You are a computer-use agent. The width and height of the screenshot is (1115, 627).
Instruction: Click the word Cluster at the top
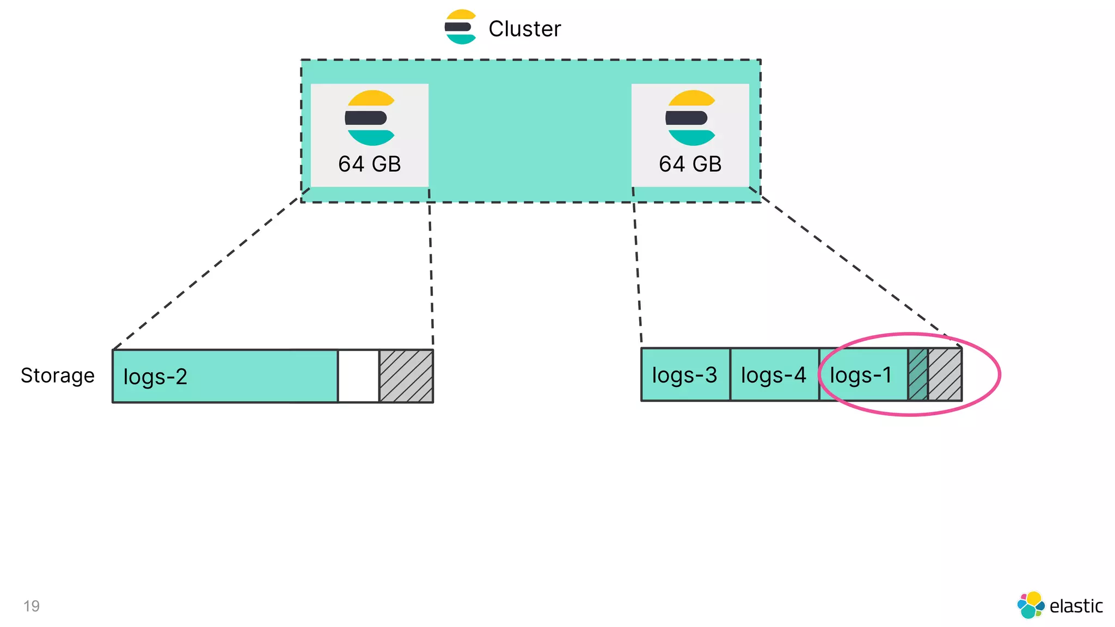point(524,29)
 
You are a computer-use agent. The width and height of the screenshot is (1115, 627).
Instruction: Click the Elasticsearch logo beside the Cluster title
point(461,27)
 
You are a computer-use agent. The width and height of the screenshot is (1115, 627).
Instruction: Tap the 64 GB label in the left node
point(369,164)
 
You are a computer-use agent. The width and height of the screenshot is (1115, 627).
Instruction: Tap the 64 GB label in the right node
point(690,164)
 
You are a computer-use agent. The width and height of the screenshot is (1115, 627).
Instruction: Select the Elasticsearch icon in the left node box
point(370,118)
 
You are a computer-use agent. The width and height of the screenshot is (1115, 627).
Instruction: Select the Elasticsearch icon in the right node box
point(690,118)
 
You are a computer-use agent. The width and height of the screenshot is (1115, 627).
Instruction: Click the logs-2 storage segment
point(224,376)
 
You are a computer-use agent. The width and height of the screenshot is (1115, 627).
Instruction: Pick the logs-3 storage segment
point(685,375)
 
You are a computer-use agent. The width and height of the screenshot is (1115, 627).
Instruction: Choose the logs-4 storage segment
point(774,375)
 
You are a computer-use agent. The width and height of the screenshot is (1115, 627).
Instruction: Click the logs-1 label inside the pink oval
point(861,375)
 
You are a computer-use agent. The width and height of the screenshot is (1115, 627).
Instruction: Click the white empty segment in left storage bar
point(358,376)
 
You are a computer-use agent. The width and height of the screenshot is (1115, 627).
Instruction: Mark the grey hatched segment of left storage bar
point(406,376)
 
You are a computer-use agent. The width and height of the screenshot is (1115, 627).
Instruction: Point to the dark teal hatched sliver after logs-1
point(918,375)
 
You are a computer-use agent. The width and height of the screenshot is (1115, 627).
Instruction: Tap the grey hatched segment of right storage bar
point(945,375)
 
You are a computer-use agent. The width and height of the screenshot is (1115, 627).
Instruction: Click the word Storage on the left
point(58,376)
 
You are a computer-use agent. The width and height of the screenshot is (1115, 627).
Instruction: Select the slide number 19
point(32,606)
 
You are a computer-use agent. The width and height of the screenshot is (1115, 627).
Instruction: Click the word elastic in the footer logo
point(1076,606)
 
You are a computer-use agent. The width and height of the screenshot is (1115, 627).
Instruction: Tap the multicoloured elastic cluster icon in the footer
point(1031,605)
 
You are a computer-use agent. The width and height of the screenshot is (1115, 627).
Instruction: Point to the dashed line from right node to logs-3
point(637,267)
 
